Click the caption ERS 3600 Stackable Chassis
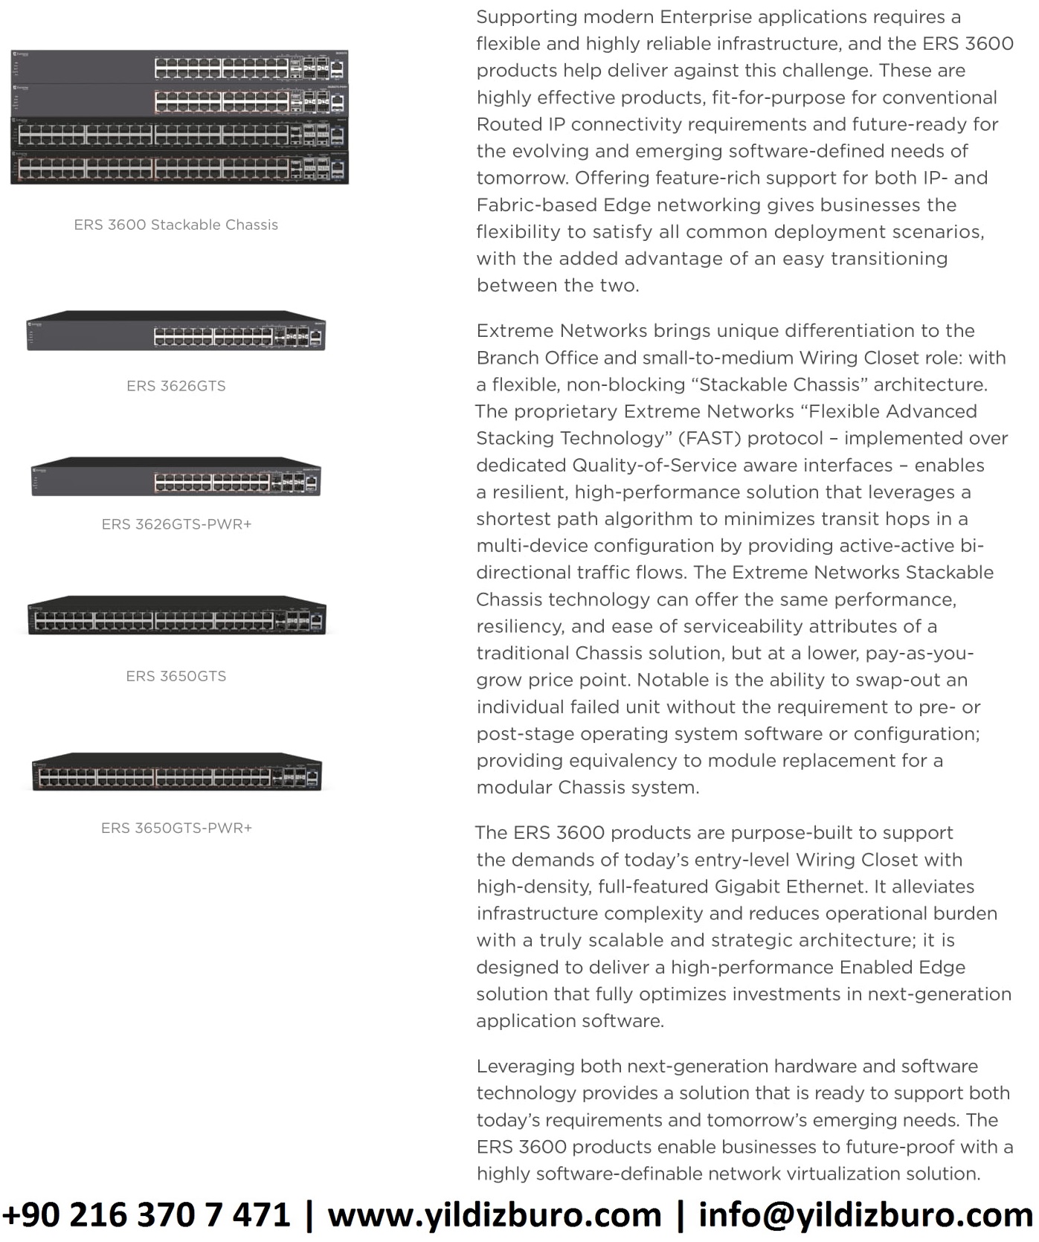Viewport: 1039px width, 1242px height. tap(176, 225)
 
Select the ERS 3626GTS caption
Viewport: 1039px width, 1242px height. tap(176, 386)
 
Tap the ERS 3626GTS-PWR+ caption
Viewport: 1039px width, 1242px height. tap(176, 524)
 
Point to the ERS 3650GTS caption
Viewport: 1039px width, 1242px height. tap(176, 676)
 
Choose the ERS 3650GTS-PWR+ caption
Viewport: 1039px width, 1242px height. tap(176, 828)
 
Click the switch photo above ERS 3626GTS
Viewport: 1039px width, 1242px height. tap(176, 331)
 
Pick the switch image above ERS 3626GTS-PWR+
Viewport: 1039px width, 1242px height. tap(176, 477)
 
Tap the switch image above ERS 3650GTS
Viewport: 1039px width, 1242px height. tap(176, 615)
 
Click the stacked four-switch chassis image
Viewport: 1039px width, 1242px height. tap(178, 118)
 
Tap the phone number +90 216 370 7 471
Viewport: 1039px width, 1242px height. tap(146, 1215)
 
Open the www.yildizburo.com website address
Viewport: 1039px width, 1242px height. tap(494, 1215)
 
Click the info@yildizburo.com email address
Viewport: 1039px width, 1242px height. tap(865, 1215)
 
